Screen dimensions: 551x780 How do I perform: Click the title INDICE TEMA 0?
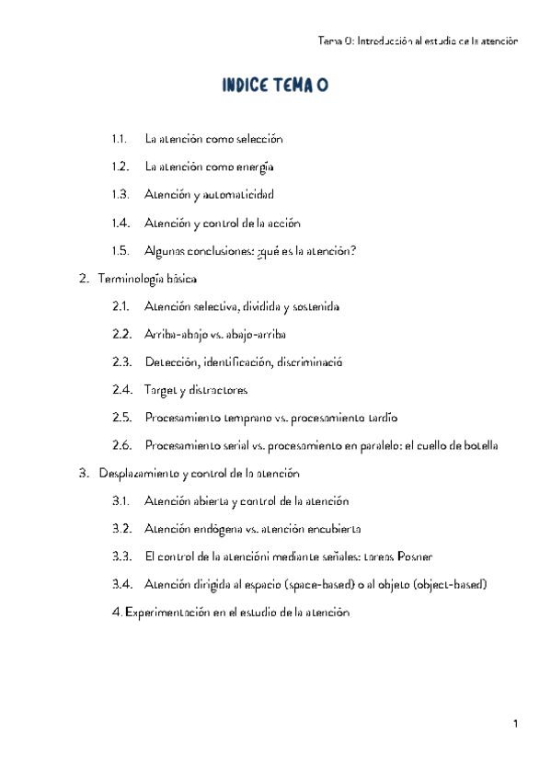[x=275, y=86]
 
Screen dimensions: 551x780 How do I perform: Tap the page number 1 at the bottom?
[x=517, y=725]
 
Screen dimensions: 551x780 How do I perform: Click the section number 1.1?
[x=119, y=139]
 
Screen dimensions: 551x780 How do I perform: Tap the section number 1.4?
[x=119, y=223]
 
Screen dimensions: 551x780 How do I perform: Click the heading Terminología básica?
[x=146, y=279]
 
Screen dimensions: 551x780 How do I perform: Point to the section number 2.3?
[x=120, y=362]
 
